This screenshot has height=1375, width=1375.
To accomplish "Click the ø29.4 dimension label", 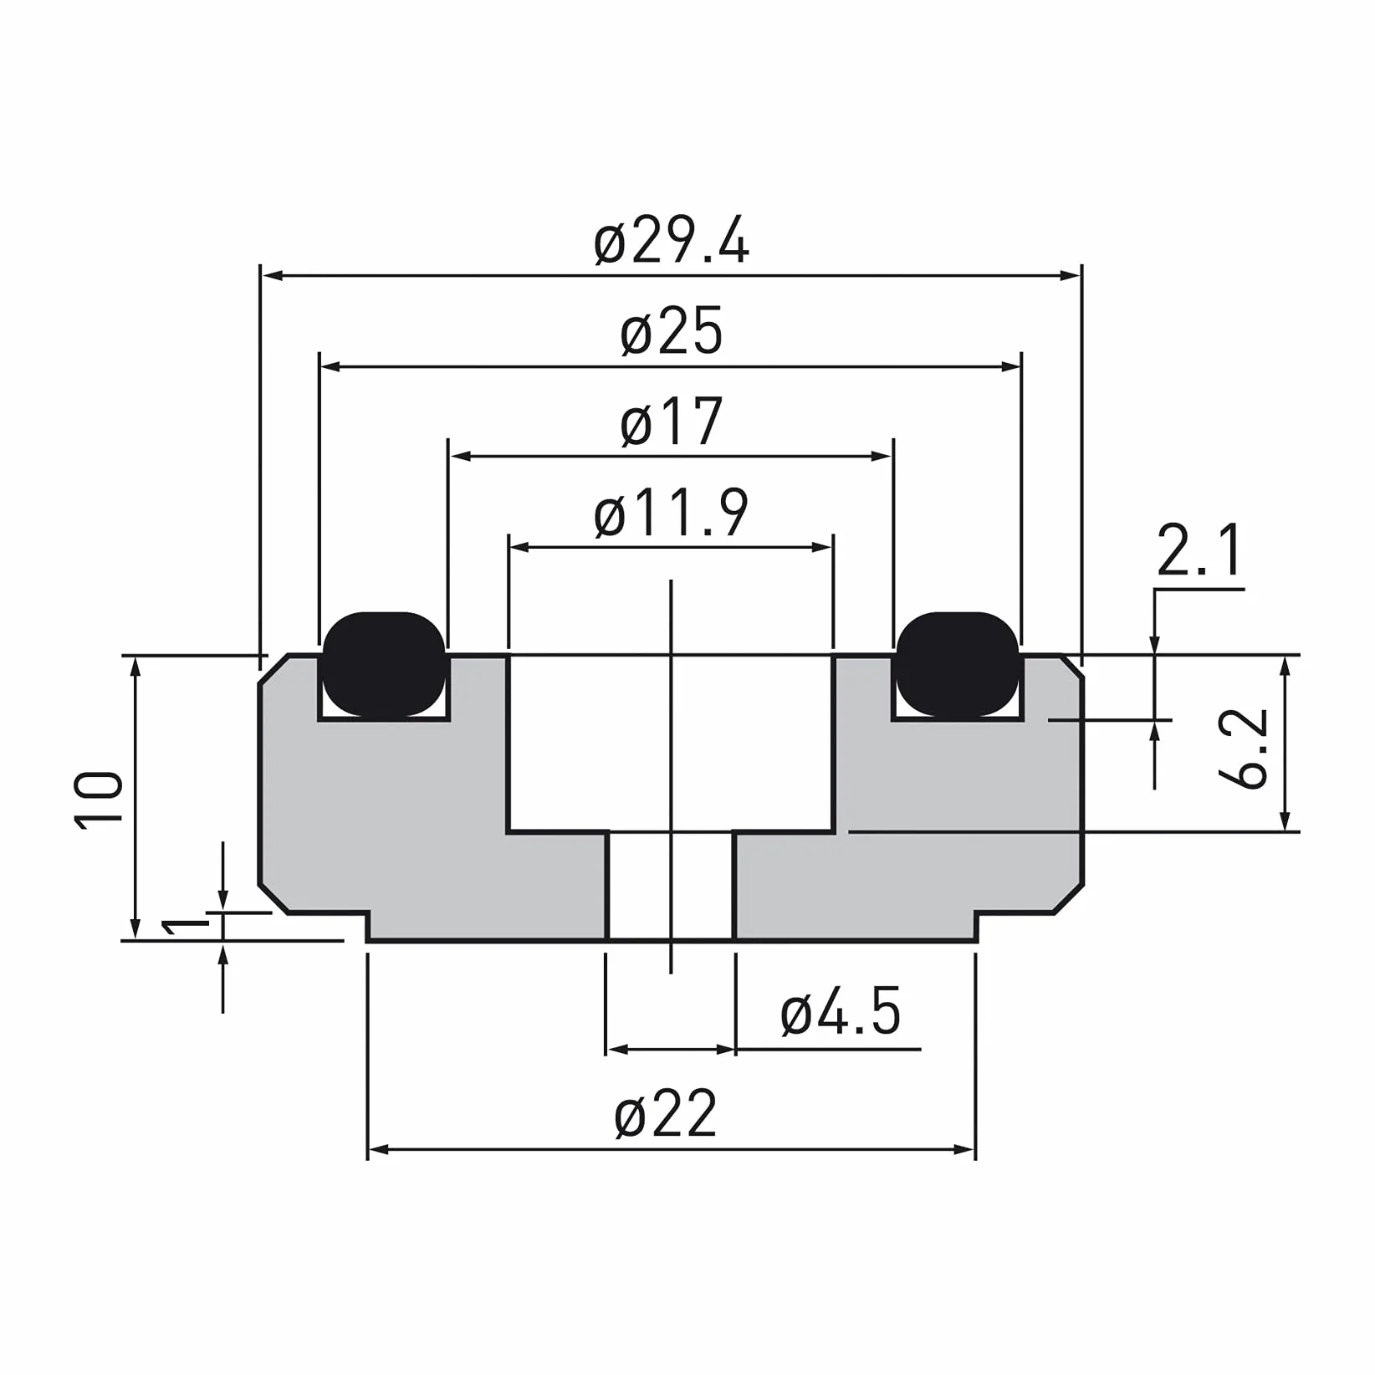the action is tap(672, 242).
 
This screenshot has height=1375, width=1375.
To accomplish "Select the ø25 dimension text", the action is tap(672, 332).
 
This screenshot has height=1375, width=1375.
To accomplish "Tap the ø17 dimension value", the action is tap(672, 422).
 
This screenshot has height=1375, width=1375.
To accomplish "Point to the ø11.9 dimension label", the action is tap(672, 513).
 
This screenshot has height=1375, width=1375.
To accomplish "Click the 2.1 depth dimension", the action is tap(1199, 549).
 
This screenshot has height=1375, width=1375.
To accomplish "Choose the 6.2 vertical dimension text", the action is tap(1245, 749).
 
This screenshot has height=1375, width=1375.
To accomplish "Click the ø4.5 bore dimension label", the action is tap(841, 1011).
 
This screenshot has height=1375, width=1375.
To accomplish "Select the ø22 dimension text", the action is tap(667, 1113).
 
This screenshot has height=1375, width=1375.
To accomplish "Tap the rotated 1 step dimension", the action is tap(185, 926).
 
